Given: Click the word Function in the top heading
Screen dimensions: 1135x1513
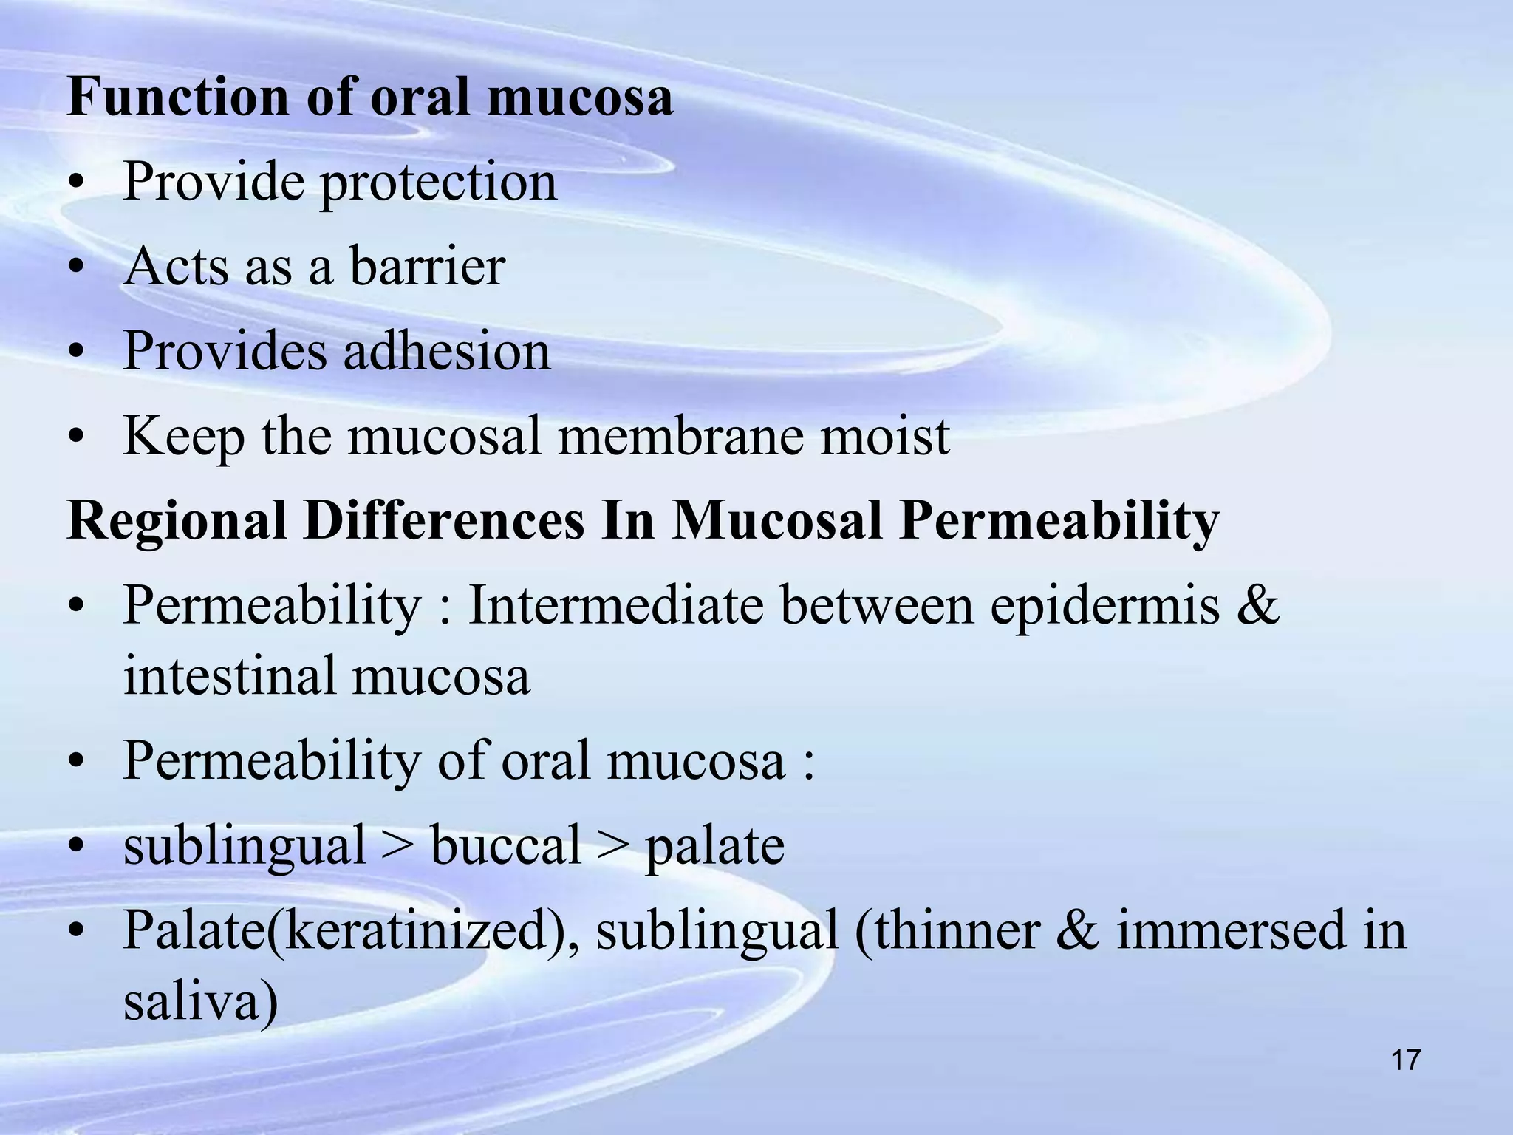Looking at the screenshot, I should (x=178, y=97).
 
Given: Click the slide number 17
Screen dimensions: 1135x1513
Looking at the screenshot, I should (x=1405, y=1060).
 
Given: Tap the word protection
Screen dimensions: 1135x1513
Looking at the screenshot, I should (x=438, y=183).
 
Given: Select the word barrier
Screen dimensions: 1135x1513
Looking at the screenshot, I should (x=427, y=266).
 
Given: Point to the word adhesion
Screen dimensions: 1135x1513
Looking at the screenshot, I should (x=447, y=350).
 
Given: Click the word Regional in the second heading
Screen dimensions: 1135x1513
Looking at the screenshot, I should (x=177, y=522).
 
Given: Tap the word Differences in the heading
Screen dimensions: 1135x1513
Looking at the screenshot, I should (x=444, y=520).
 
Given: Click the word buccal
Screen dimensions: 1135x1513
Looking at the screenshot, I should (x=505, y=845).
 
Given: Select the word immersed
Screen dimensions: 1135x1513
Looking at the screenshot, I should (x=1231, y=930).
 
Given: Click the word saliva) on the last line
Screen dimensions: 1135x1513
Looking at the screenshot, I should (x=200, y=1003).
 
